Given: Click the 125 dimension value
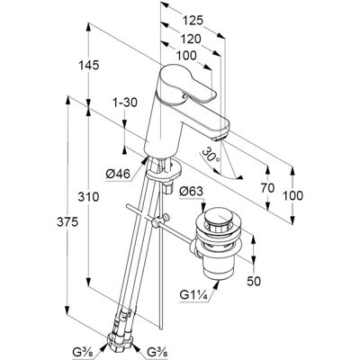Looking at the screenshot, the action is (x=193, y=21).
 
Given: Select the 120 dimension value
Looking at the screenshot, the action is (x=191, y=39).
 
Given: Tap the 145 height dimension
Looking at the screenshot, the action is (x=88, y=65).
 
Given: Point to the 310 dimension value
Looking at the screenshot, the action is (x=88, y=197).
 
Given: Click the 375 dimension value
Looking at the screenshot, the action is (x=68, y=222).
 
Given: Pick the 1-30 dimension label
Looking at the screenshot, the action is (x=124, y=103).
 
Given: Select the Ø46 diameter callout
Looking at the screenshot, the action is (x=118, y=174).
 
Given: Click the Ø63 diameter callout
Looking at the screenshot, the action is (x=191, y=192).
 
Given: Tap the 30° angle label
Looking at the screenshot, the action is (x=211, y=156).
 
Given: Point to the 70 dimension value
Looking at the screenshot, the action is (x=267, y=188).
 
